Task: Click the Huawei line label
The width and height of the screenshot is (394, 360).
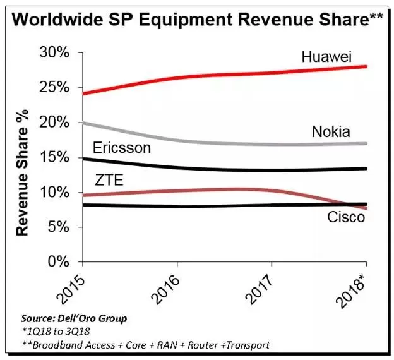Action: (326, 56)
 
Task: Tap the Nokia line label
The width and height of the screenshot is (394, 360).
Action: (331, 131)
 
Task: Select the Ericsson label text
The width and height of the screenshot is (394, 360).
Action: (122, 148)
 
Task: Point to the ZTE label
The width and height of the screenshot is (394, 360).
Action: (109, 180)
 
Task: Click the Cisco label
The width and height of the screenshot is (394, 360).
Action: (346, 217)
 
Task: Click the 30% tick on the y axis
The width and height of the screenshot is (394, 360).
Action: (54, 53)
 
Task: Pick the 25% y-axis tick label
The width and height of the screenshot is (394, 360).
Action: (54, 88)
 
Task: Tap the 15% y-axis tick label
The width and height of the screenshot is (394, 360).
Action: (54, 157)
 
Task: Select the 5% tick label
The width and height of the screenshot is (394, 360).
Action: (58, 227)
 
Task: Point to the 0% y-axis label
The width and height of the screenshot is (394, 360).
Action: (58, 261)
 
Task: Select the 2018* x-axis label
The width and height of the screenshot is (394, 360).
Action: (352, 291)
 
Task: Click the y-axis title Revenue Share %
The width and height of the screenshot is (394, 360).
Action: (22, 172)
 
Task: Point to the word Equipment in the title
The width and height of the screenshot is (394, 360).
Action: (186, 20)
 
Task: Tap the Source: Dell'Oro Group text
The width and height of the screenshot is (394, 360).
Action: (74, 318)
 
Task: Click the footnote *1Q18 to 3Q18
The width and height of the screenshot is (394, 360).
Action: (56, 332)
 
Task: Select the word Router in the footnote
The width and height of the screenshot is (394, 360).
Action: (203, 345)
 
